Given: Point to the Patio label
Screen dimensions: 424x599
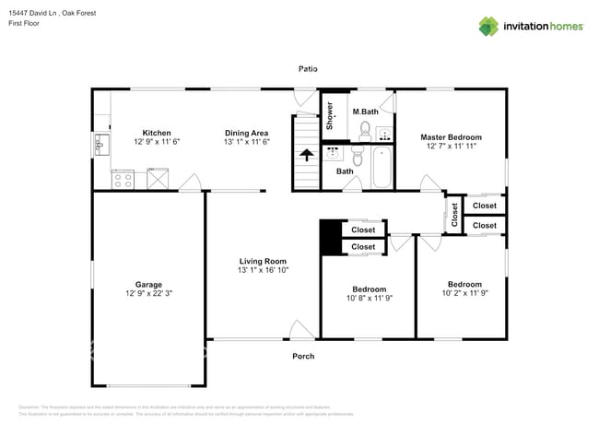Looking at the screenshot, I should point(308,69).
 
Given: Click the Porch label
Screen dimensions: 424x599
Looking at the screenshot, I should point(303,356).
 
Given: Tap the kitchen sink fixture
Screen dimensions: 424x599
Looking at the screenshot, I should point(100,145).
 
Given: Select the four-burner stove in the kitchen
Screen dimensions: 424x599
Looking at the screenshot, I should point(123,179).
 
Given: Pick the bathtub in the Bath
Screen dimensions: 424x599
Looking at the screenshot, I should point(380,168).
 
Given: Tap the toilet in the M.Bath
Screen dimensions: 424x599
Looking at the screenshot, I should point(365,130).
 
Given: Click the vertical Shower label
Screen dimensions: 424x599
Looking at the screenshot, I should point(329,116).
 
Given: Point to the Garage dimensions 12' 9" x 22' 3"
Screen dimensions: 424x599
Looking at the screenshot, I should point(147,293).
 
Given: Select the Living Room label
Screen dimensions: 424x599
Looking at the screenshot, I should point(263,261).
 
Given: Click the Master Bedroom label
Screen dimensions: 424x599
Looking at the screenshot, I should point(452,137).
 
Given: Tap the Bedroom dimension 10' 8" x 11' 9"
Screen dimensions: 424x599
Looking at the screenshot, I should point(367,299).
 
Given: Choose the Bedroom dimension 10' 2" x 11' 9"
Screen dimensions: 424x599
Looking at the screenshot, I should point(464,293).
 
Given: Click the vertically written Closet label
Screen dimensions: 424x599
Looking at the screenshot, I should point(454,214).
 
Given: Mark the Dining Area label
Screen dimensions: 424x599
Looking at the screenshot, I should point(246,132).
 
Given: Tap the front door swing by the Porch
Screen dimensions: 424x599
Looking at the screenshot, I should point(300,329).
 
